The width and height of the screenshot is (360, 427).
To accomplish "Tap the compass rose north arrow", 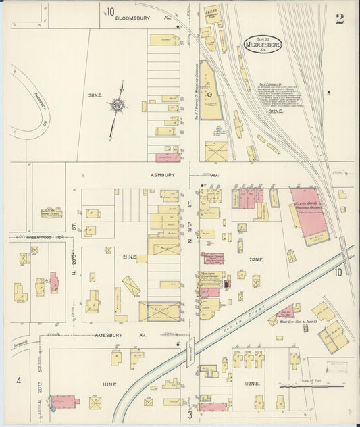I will coord(119,105).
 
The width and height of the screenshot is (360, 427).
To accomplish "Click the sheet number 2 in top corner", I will coord(339,19).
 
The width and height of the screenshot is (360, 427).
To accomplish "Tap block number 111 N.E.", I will coord(110,384).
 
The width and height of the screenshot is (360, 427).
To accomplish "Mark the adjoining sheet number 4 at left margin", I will coord(19,381).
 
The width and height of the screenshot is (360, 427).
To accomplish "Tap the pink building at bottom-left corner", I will coord(63,403).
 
